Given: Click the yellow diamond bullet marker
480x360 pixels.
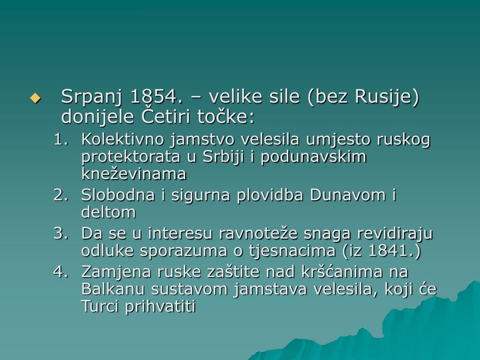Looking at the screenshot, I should tap(35, 98).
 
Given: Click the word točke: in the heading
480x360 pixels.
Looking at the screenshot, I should tap(225, 117).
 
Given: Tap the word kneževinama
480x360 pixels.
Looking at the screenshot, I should tap(134, 173).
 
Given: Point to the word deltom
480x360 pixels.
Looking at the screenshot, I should tap(108, 212).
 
